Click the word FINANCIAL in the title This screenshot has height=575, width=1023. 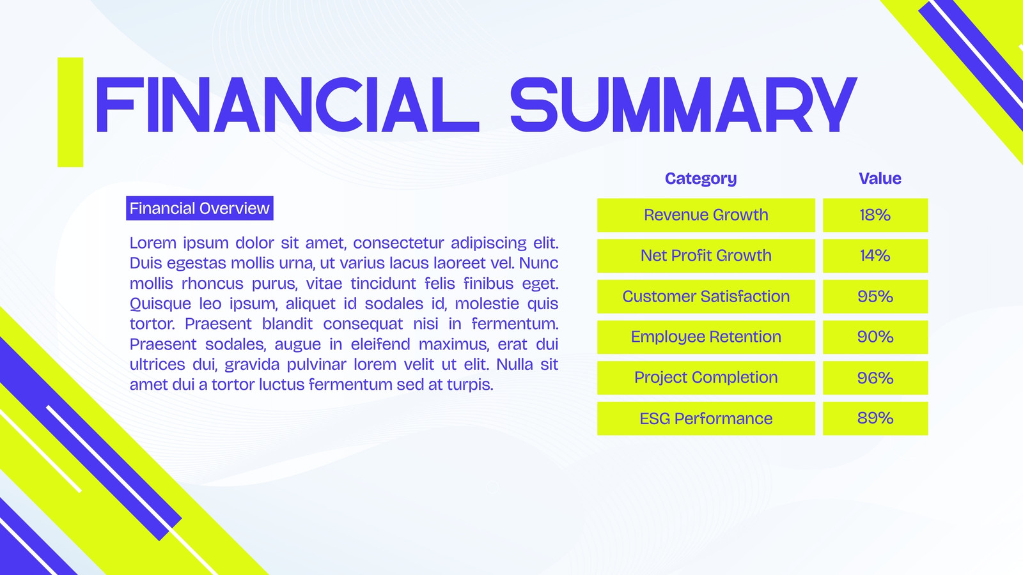287,105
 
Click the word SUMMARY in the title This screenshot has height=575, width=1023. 683,105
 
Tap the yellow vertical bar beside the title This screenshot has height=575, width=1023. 70,112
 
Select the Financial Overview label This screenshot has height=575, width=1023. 199,208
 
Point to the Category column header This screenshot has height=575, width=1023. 701,178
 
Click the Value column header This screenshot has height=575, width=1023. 880,178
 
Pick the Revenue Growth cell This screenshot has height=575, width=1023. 706,215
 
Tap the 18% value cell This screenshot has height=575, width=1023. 875,215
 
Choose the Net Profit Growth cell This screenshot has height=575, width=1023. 706,256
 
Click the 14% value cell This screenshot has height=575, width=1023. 875,256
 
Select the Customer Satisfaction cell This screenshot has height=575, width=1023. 706,296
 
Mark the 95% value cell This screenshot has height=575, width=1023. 875,296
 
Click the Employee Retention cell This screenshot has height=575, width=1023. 706,337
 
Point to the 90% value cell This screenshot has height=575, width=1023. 875,337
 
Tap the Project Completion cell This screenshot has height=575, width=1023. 706,378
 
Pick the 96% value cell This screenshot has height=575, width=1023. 875,378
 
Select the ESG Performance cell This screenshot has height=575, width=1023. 706,418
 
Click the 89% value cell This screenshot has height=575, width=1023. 875,418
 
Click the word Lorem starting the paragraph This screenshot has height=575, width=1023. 153,243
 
